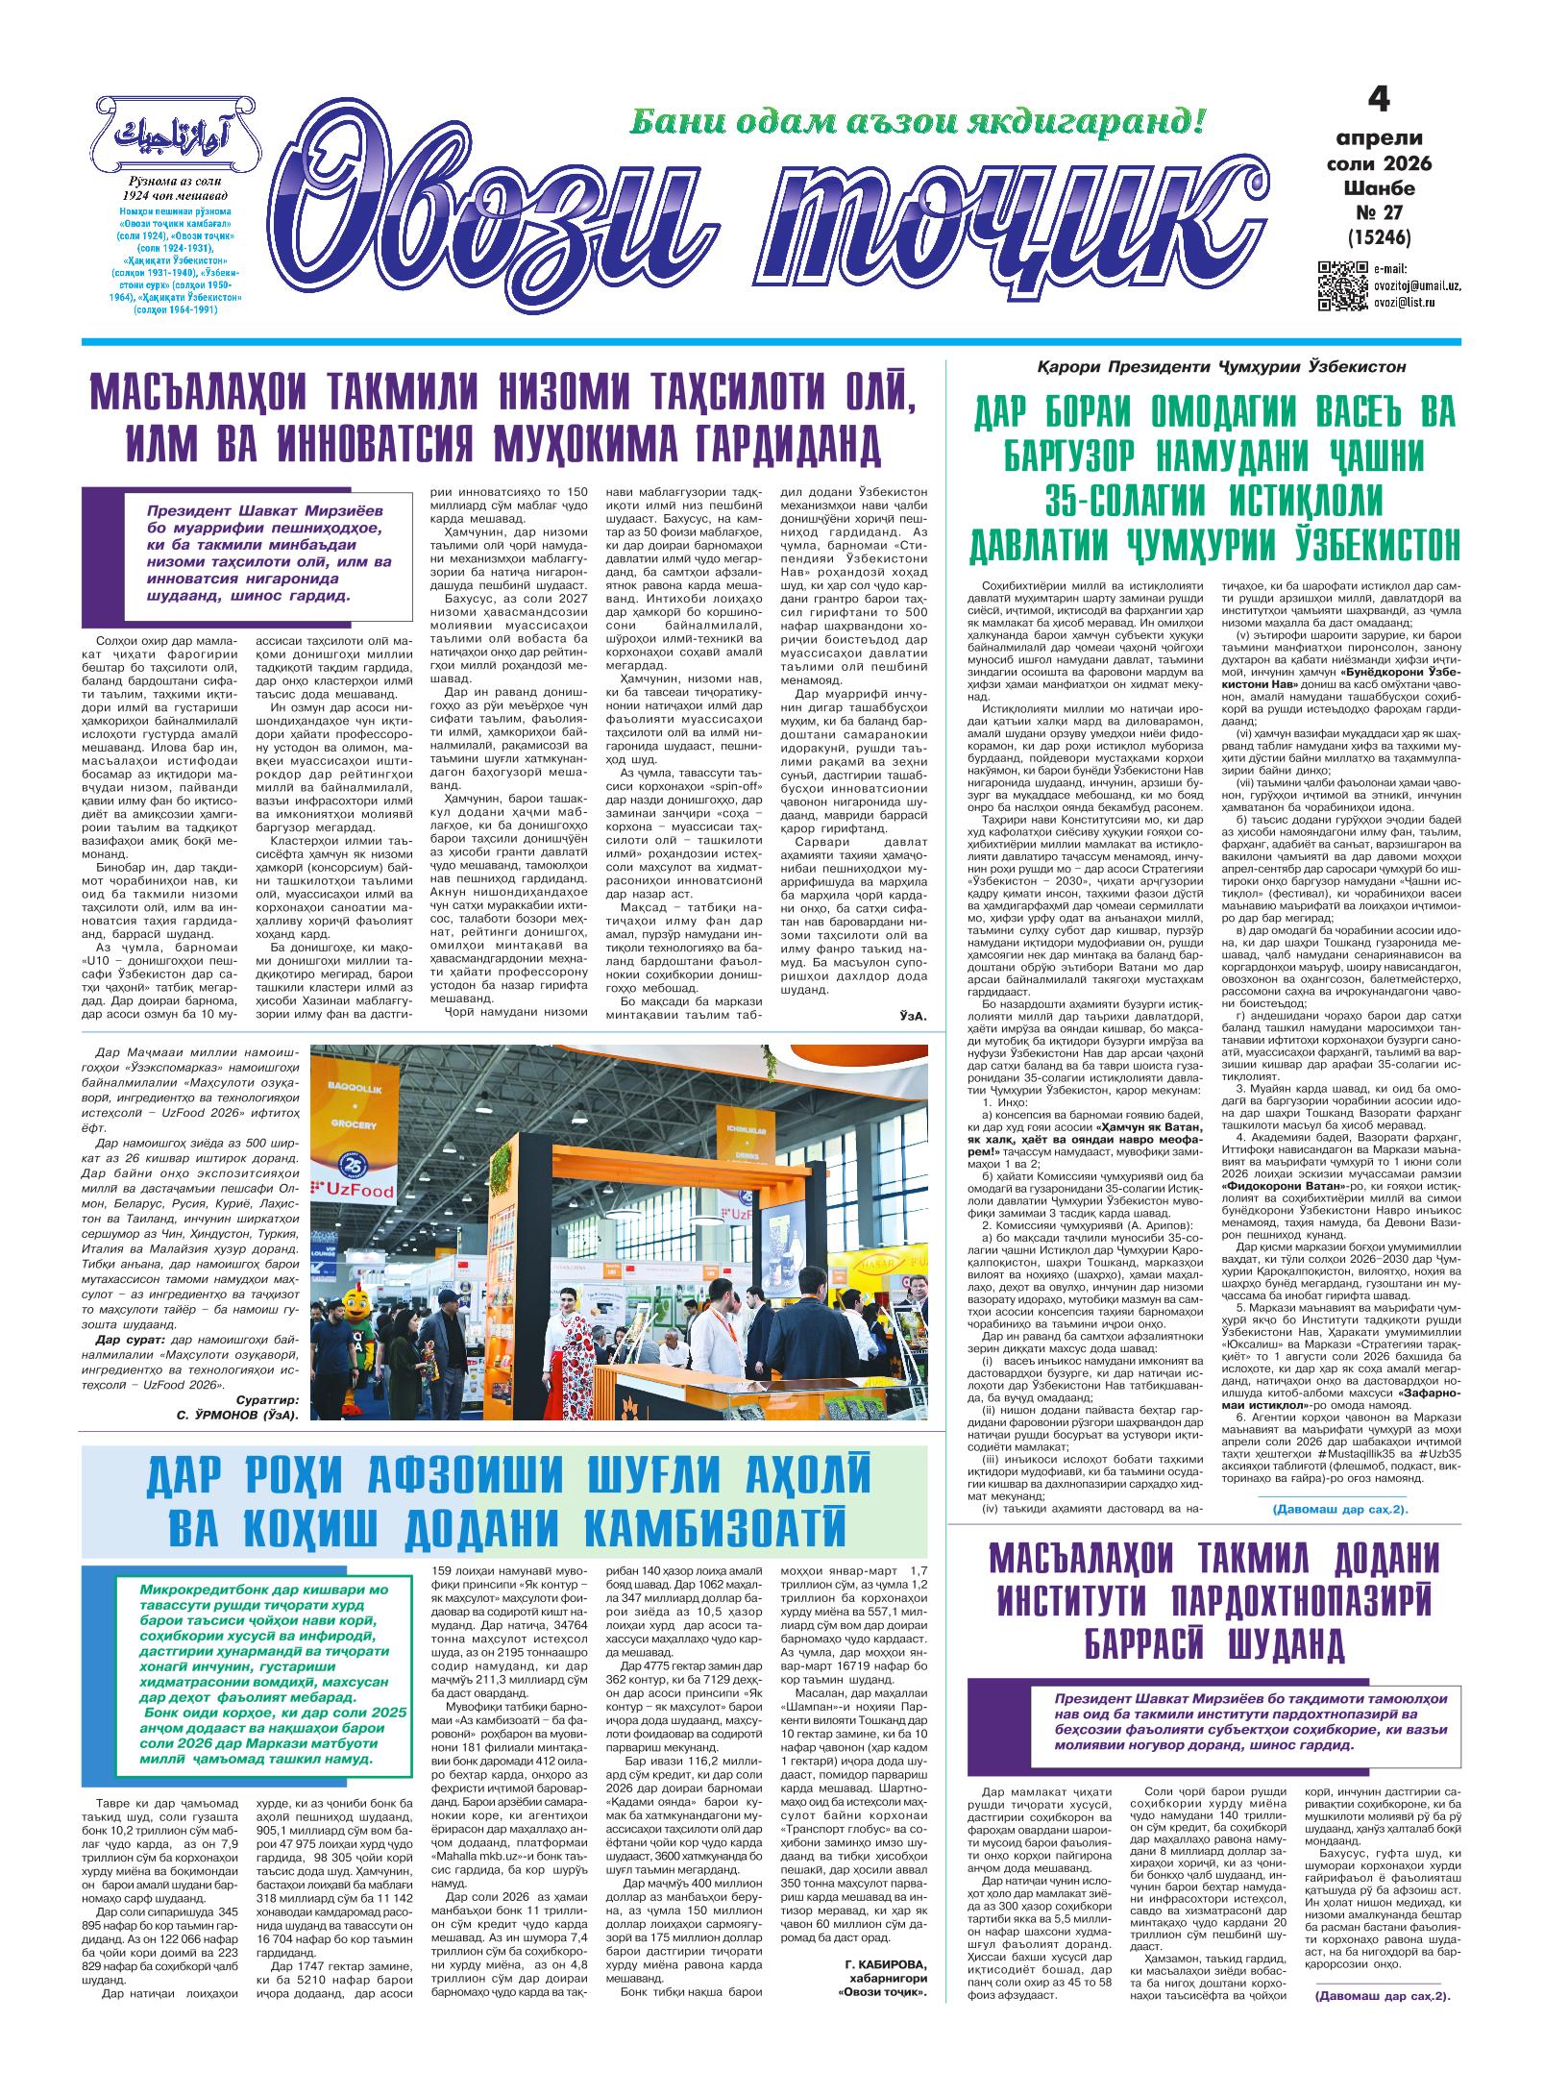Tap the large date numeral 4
point(1378,100)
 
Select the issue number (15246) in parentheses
point(1379,234)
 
